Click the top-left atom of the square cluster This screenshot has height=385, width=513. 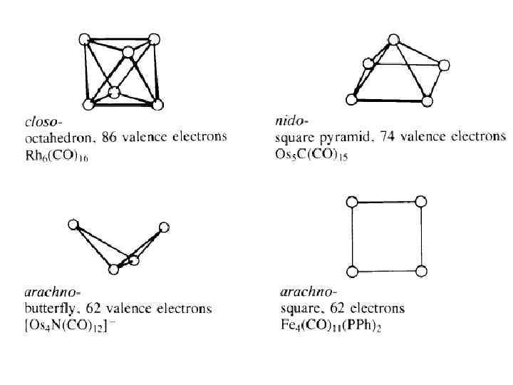(x=352, y=202)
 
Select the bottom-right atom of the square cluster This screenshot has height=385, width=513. (x=421, y=270)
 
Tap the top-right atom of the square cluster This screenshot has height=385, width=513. (x=421, y=202)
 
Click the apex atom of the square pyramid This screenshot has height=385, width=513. (x=393, y=40)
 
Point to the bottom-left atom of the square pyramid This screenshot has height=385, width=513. (x=351, y=98)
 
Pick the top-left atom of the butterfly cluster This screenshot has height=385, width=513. (x=73, y=225)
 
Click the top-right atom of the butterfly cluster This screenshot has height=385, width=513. (x=164, y=227)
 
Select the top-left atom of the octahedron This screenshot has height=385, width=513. (x=85, y=38)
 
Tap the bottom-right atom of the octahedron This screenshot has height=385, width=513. (x=158, y=104)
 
